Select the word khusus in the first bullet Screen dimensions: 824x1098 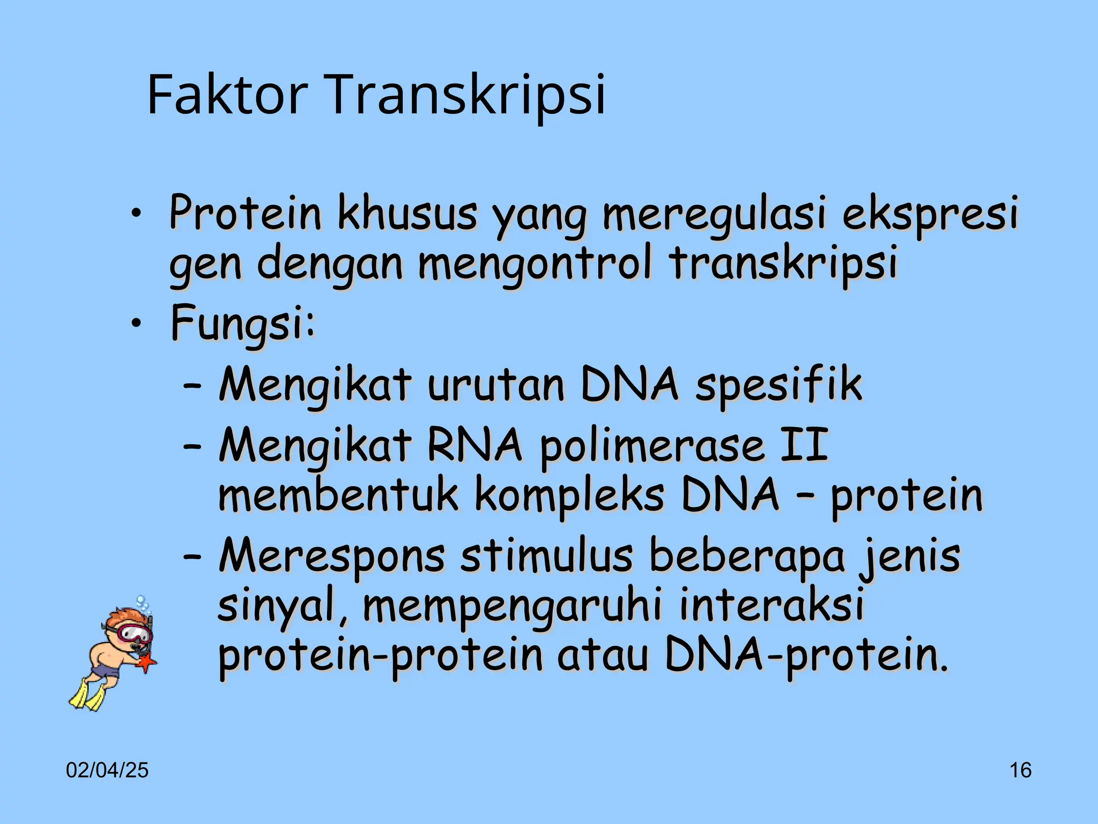click(407, 214)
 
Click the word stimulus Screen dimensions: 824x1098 click(546, 556)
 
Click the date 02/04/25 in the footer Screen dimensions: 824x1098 click(107, 770)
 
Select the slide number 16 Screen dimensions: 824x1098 click(1020, 770)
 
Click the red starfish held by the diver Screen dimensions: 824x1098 click(146, 663)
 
